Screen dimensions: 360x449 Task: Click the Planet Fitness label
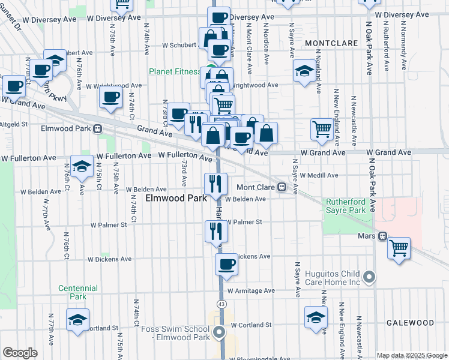[175, 71]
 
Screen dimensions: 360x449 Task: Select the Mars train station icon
[381, 236]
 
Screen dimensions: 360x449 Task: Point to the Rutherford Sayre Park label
[345, 206]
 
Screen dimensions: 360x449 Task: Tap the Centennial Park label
[78, 292]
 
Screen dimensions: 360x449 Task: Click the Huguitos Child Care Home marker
[370, 277]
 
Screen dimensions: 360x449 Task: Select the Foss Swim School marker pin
[220, 331]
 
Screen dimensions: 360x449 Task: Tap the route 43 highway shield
[222, 305]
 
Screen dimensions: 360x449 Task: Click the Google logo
[20, 353]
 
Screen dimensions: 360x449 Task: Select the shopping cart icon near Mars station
[399, 247]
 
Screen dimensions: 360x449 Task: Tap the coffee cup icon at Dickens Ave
[227, 264]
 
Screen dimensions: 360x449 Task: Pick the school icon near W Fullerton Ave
[82, 167]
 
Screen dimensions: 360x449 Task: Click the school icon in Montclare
[304, 71]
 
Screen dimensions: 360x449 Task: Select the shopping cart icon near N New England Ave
[322, 129]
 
